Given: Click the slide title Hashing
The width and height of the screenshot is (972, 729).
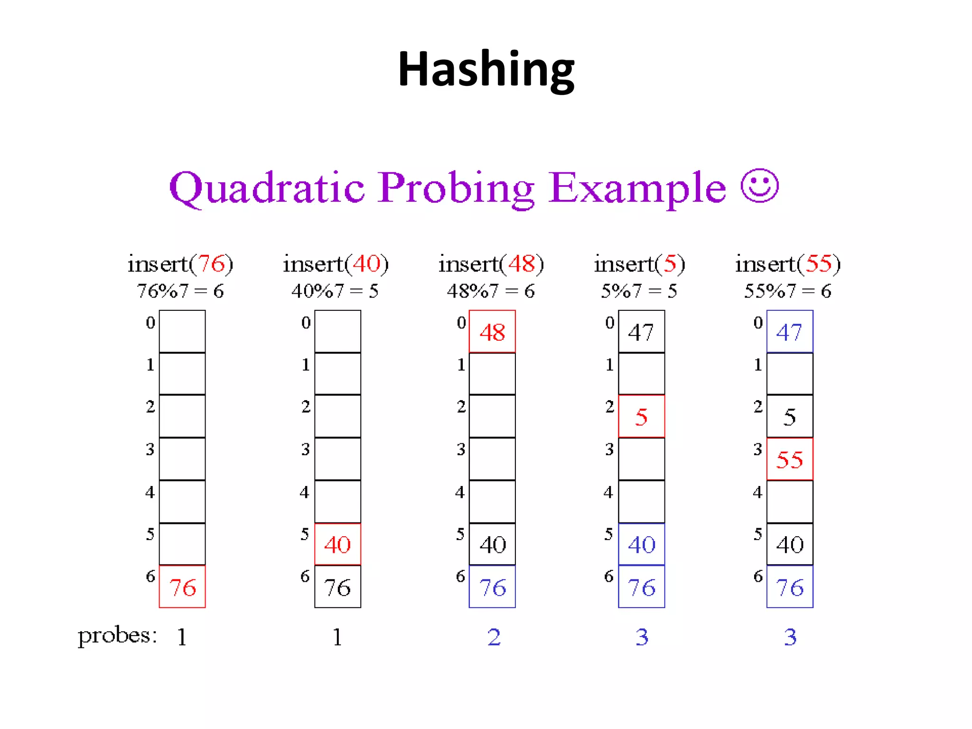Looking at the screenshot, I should point(486,70).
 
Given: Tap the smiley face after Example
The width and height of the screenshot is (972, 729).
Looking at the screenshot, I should point(759,186).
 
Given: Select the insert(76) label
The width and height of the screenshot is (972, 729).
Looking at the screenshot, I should point(180,264).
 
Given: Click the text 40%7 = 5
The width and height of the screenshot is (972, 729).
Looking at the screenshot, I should point(335,291).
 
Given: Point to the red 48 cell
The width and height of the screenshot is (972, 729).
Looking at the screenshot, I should point(492,332).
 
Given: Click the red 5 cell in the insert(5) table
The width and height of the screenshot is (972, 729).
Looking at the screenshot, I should point(641,416).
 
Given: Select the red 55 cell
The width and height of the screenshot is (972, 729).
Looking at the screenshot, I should point(790,459).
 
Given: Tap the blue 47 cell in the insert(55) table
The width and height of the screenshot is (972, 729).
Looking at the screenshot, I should point(790,332).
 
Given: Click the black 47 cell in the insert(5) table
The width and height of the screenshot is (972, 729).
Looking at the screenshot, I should point(641,332).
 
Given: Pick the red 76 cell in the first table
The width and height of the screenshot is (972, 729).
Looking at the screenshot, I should point(182,587).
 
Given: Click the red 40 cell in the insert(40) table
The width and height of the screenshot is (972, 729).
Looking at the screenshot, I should point(337,544).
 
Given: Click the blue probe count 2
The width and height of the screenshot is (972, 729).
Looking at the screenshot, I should point(494,637).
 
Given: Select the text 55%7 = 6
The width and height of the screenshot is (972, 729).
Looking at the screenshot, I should point(787,291).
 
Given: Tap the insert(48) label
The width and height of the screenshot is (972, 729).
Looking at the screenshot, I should point(491,264).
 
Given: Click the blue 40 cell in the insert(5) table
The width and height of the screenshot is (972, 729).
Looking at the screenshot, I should point(641,544).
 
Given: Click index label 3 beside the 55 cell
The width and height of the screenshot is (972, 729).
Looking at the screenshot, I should point(758,449).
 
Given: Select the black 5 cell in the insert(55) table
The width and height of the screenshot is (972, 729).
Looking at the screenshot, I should point(790,416).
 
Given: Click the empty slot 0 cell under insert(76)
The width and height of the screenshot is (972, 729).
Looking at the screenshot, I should point(182,331).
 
